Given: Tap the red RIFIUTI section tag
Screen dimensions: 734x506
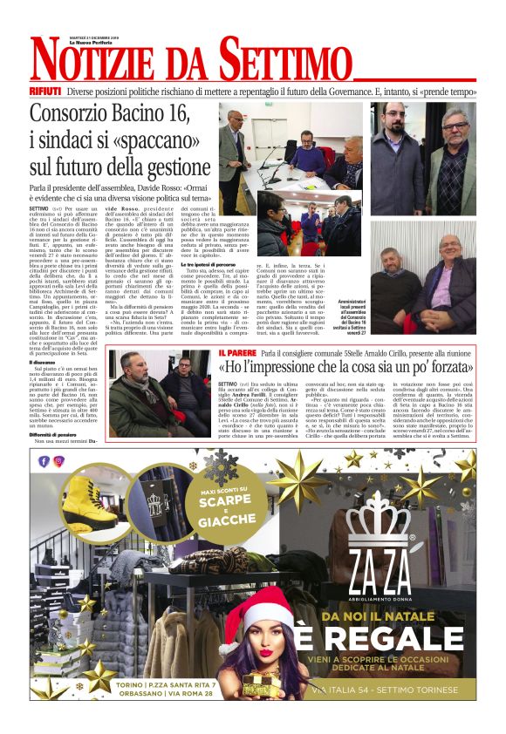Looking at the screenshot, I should point(44,91).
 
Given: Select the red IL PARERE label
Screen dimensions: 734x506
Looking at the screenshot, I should point(237,353).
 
